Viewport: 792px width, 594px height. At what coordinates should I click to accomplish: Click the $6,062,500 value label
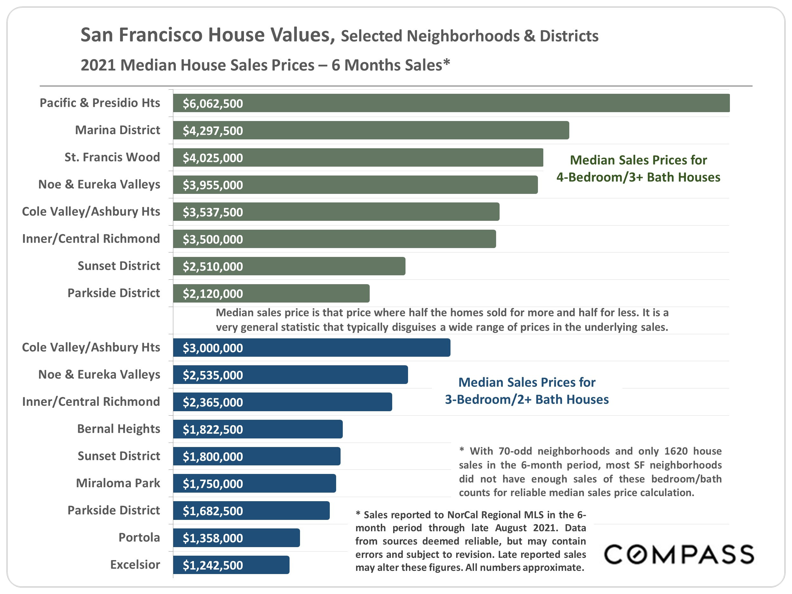coord(213,104)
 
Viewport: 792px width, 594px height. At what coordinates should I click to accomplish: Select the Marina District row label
coord(118,130)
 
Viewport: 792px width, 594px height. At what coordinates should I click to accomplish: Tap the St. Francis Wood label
coord(112,157)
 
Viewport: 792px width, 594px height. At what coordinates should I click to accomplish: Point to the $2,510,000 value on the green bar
coord(213,266)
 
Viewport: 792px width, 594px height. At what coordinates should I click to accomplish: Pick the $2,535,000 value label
coord(213,375)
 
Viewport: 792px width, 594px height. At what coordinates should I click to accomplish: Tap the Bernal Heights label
coord(118,429)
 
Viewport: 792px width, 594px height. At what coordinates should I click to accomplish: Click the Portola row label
coord(139,537)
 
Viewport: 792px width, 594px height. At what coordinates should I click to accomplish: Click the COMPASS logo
coord(679,554)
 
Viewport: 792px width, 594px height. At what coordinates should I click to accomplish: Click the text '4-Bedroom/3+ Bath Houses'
coord(638,177)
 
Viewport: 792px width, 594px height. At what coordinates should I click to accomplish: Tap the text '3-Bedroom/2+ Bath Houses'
coord(527,399)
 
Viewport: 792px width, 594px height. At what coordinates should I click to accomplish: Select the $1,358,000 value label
coord(213,538)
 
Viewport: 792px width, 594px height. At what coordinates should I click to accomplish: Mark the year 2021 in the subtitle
coord(98,65)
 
